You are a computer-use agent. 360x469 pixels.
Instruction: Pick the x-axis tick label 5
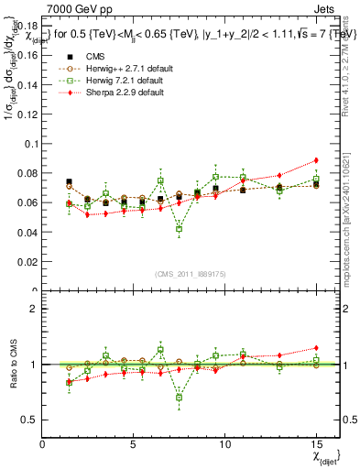point(134,443)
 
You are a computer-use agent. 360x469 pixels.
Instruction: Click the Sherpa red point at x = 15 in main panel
point(315,160)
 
